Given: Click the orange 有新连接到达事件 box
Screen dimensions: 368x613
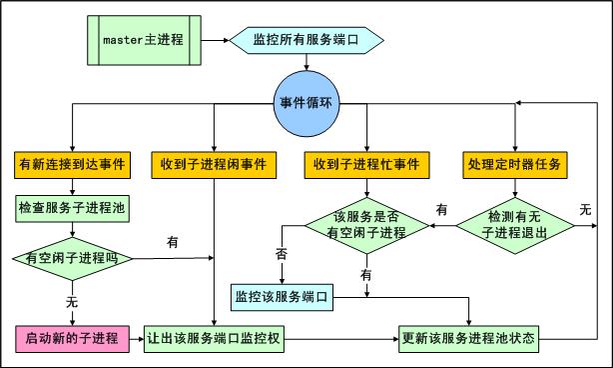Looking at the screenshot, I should pyautogui.click(x=71, y=163).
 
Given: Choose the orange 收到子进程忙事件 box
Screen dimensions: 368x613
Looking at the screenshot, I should pyautogui.click(x=366, y=163).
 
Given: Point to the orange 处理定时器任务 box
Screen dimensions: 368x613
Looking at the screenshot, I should pyautogui.click(x=515, y=163).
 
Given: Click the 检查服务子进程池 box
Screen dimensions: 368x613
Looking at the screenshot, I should pyautogui.click(x=71, y=209).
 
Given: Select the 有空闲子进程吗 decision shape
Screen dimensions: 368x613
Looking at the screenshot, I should pyautogui.click(x=72, y=258).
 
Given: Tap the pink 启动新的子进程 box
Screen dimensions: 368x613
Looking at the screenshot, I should pyautogui.click(x=71, y=338).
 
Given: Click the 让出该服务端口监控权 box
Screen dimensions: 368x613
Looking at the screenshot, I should pyautogui.click(x=215, y=338).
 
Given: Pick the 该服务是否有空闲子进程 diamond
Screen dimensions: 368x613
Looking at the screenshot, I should pyautogui.click(x=366, y=225).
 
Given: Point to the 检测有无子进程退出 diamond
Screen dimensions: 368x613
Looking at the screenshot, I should pyautogui.click(x=515, y=225).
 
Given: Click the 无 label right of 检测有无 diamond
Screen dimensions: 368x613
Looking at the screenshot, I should pyautogui.click(x=586, y=209).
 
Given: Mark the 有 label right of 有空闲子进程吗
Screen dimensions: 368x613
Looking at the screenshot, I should pyautogui.click(x=173, y=242).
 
